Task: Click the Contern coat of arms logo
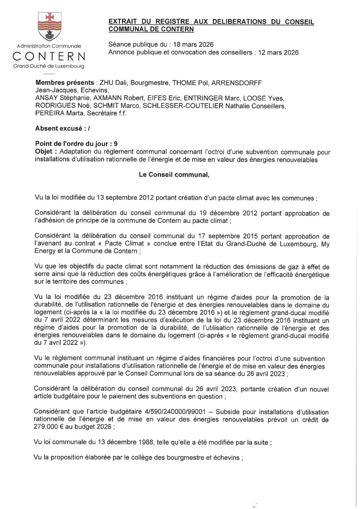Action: pyautogui.click(x=49, y=27)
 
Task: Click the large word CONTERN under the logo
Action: pyautogui.click(x=49, y=56)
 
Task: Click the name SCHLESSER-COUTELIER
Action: pyautogui.click(x=183, y=106)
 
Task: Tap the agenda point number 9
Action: pyautogui.click(x=116, y=144)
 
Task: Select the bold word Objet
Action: pyautogui.click(x=44, y=151)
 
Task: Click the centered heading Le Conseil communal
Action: pyautogui.click(x=174, y=175)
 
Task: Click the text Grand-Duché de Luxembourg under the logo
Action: pyautogui.click(x=49, y=66)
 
